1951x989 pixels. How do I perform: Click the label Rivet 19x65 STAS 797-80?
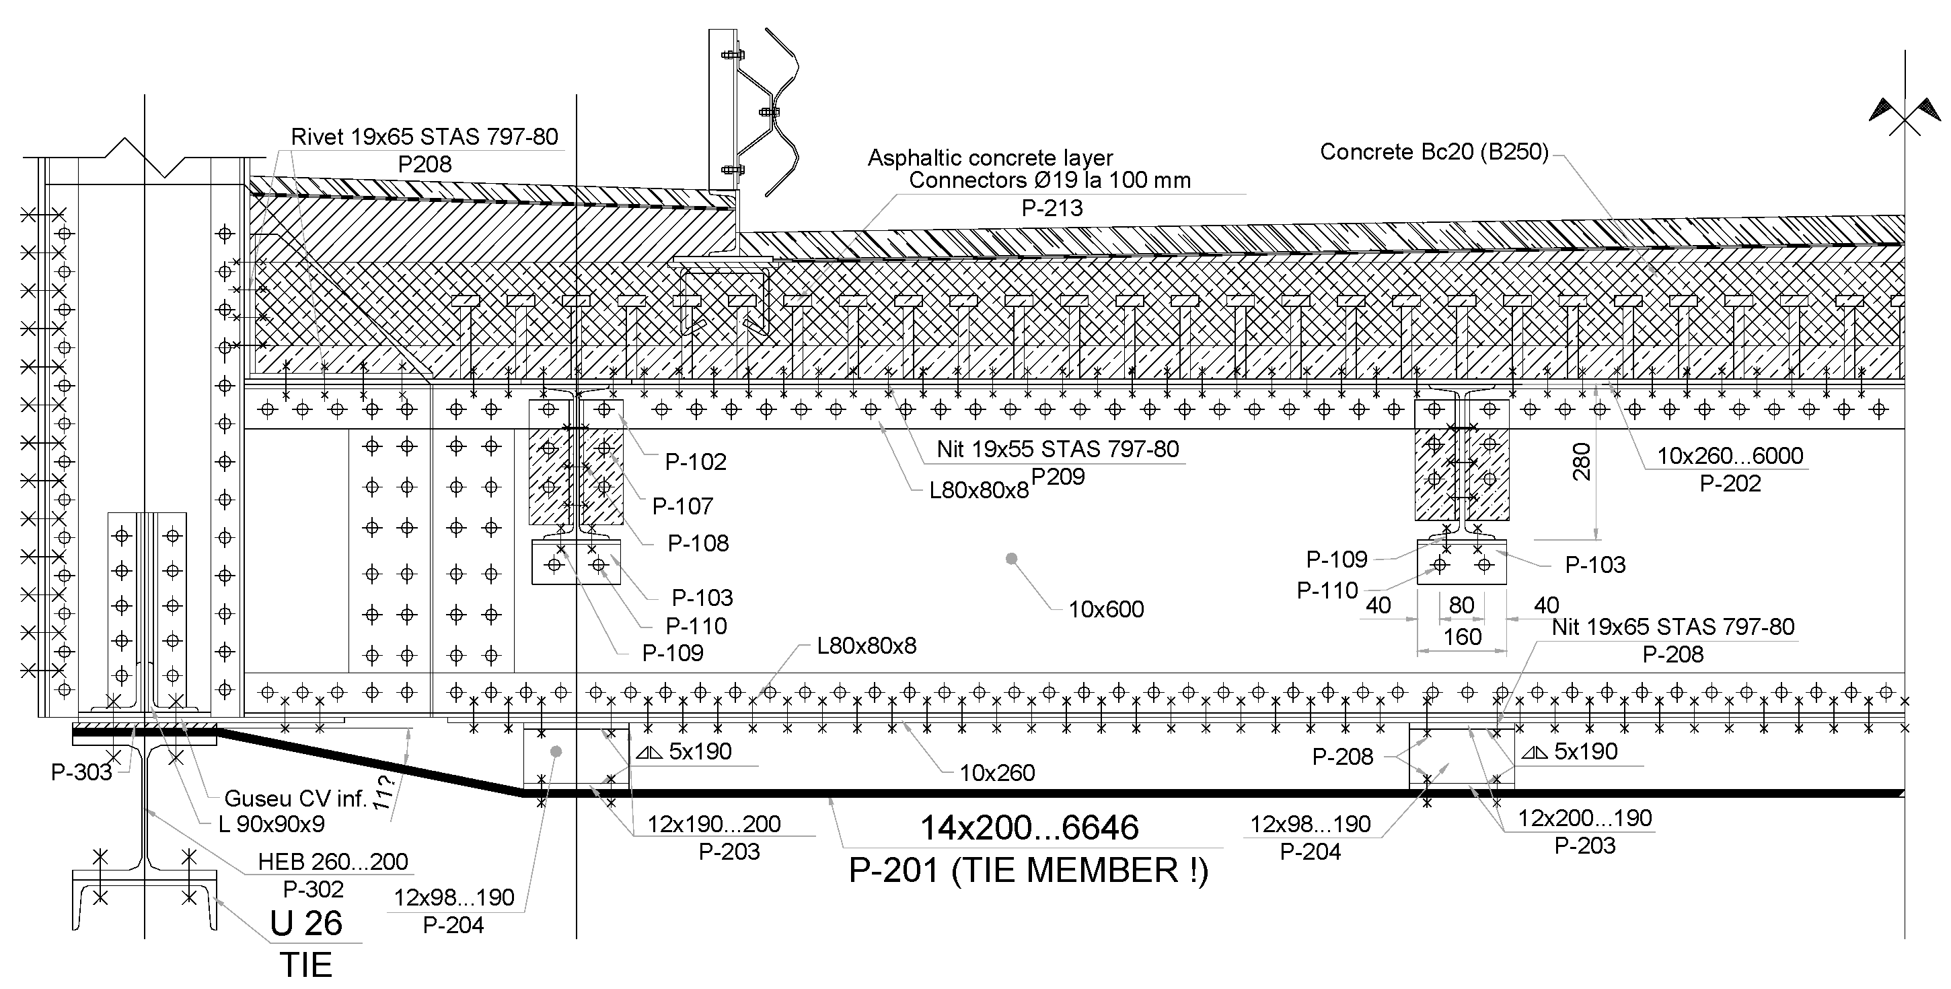424,137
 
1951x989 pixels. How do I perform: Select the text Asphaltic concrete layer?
990,158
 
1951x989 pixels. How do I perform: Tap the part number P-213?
1052,207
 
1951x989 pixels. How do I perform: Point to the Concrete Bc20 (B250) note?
1434,151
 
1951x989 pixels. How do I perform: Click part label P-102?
695,462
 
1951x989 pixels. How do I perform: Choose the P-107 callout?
682,506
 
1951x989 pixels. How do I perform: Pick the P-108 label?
698,543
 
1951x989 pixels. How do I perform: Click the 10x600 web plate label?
1106,609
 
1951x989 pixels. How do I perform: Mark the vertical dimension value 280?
1582,463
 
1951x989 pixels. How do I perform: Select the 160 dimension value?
1462,637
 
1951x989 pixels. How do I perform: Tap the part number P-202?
1730,483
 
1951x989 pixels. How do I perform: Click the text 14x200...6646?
1029,827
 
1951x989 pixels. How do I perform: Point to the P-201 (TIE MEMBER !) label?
1028,870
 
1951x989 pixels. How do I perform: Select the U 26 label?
306,923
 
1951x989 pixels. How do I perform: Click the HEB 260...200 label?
332,862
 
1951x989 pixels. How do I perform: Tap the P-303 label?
81,772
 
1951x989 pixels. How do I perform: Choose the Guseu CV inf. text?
295,798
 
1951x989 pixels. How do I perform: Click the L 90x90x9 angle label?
271,824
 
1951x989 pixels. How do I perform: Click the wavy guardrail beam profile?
780,112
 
